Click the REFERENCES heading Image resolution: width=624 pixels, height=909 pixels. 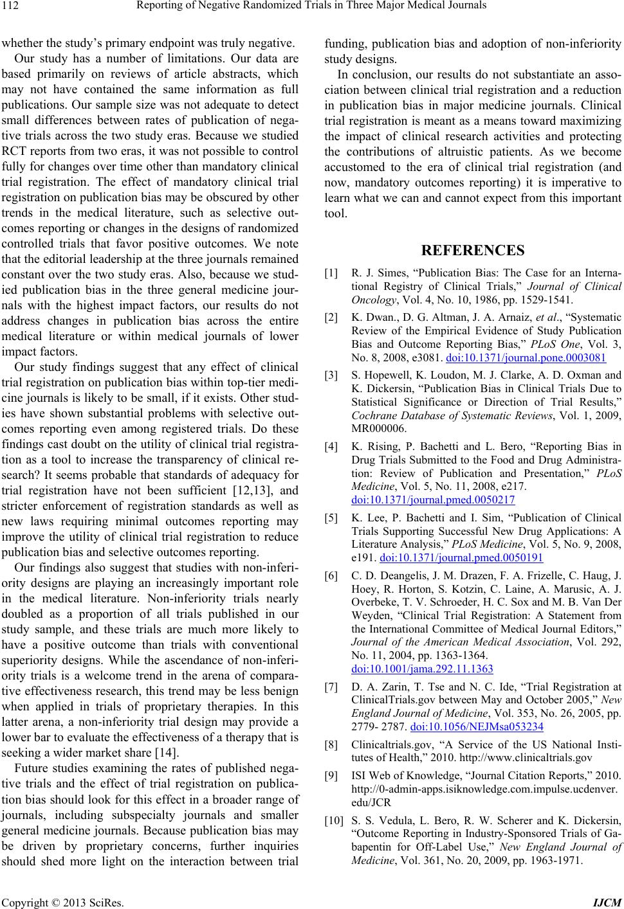coord(473,250)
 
